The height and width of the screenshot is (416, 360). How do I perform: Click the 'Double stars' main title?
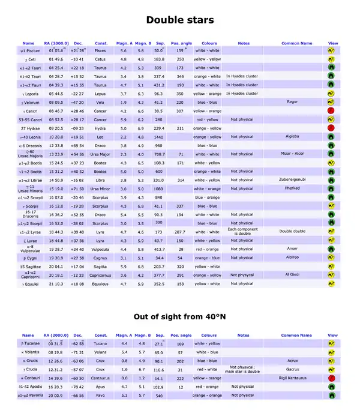[x=180, y=20]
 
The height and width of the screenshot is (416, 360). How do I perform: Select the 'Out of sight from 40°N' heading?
[x=180, y=318]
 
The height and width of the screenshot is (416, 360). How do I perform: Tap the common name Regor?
[x=292, y=102]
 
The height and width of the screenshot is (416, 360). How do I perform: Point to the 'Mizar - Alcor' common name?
[x=294, y=154]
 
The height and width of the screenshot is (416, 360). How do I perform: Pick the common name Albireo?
[x=292, y=258]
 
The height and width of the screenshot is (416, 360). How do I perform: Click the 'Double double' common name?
[x=293, y=231]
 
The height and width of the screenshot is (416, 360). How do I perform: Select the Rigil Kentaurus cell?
[x=293, y=379]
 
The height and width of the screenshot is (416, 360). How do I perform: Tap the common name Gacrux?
[x=292, y=370]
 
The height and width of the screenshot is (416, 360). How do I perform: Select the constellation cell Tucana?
[x=101, y=344]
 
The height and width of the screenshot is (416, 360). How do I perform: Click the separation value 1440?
[x=158, y=137]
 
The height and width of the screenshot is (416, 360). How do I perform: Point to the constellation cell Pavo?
[x=101, y=396]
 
